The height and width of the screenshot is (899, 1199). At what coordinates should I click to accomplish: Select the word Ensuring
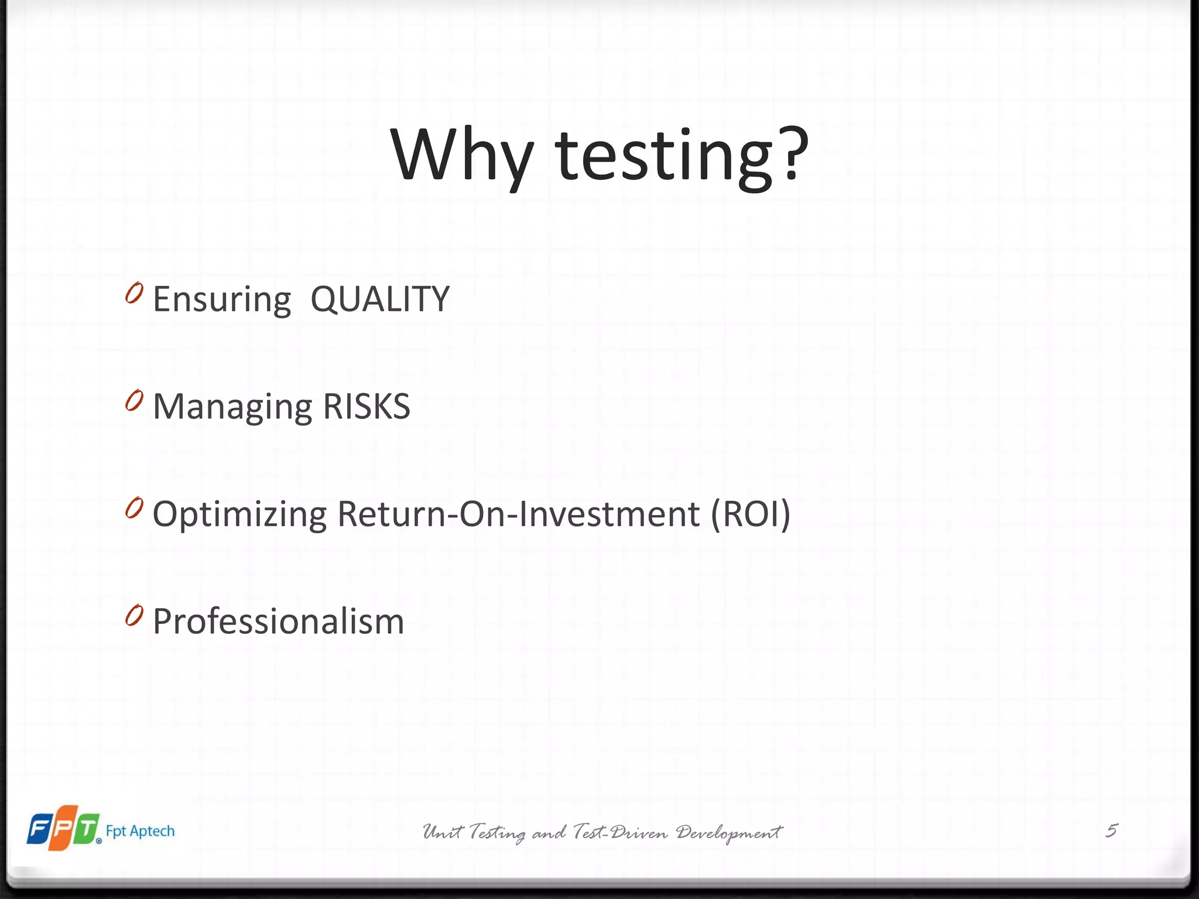click(x=222, y=300)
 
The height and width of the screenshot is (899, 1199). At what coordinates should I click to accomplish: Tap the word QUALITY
click(x=380, y=299)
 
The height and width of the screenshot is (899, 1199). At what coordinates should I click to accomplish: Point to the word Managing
click(x=232, y=407)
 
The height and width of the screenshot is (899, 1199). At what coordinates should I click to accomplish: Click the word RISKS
click(x=366, y=406)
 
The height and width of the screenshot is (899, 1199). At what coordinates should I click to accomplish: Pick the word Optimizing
click(x=239, y=515)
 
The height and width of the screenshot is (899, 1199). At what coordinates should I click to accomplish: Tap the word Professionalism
click(x=279, y=622)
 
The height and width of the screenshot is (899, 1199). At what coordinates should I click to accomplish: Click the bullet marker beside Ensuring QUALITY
click(x=134, y=293)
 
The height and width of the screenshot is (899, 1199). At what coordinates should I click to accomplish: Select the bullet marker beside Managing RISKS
click(x=134, y=401)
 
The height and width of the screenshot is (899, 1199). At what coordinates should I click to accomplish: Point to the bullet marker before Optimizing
click(x=134, y=508)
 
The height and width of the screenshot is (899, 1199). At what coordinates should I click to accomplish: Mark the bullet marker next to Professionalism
click(x=134, y=616)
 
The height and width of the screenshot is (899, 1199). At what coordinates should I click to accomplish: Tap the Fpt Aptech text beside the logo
click(x=141, y=831)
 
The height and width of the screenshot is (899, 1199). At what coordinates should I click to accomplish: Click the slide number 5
click(x=1111, y=831)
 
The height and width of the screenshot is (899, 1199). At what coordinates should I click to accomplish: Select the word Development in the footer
click(x=729, y=832)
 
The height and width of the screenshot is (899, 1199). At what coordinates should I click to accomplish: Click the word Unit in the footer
click(x=443, y=832)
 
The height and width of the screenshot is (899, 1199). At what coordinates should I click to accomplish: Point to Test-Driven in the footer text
click(x=621, y=832)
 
